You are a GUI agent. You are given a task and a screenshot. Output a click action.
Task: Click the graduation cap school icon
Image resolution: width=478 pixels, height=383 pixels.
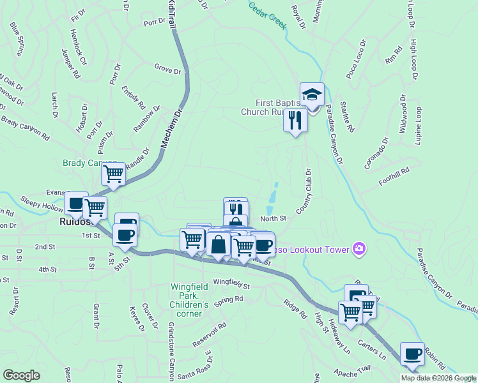click(312, 94)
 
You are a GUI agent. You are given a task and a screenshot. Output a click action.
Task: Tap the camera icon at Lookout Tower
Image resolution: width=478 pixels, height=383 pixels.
click(358, 248)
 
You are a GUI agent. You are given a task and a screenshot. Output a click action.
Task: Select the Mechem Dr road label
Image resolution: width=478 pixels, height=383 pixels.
click(171, 128)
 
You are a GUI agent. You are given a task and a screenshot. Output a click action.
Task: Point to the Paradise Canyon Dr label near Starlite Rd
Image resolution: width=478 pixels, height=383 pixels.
click(335, 135)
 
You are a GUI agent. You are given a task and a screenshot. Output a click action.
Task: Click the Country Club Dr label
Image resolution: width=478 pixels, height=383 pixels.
click(304, 191)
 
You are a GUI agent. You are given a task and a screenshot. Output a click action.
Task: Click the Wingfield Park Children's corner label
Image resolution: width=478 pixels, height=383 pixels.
click(189, 300)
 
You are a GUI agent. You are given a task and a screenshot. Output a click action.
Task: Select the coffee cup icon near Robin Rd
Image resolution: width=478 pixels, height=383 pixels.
click(412, 354)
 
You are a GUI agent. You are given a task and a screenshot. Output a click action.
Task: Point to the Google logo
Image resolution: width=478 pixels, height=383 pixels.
click(22, 375)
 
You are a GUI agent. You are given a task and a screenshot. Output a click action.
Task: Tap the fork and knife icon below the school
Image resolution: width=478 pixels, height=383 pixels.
click(295, 120)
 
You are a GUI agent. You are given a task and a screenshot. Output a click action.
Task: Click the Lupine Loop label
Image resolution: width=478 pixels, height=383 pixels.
click(419, 126)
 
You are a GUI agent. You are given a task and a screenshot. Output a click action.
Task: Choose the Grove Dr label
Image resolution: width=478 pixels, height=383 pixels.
click(167, 67)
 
